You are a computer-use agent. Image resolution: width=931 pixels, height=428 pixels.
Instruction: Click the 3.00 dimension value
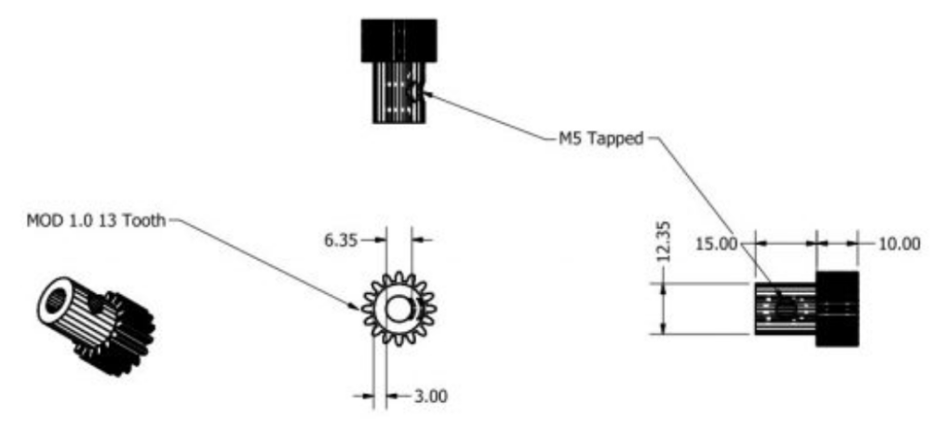point(430,396)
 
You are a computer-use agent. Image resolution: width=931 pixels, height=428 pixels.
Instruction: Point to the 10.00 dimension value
point(899,244)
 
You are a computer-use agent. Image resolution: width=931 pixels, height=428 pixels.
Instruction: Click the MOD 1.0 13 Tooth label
point(97,221)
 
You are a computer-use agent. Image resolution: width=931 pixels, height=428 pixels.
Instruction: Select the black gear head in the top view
point(399,40)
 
